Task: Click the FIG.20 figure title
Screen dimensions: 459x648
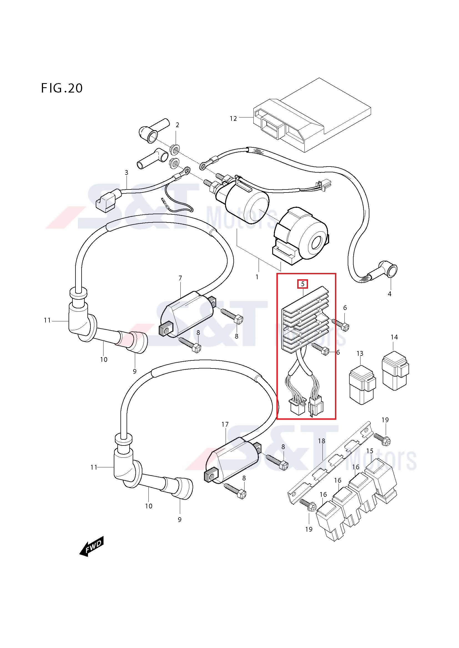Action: (62, 88)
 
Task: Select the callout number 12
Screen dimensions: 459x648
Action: (233, 119)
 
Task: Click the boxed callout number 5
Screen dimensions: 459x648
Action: (302, 284)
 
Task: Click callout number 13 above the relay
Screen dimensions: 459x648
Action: (360, 353)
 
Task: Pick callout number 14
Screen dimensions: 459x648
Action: (394, 337)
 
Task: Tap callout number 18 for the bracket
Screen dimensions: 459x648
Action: (322, 440)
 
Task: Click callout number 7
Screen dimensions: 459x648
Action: (180, 278)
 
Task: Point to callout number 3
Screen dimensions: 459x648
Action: (126, 172)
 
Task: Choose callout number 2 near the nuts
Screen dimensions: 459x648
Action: (177, 125)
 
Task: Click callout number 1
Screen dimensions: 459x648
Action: (257, 277)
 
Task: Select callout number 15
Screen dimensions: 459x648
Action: (370, 451)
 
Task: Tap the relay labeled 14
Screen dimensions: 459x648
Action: (395, 371)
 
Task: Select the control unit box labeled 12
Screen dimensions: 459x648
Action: (312, 115)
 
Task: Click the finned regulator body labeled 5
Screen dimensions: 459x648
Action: (306, 320)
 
